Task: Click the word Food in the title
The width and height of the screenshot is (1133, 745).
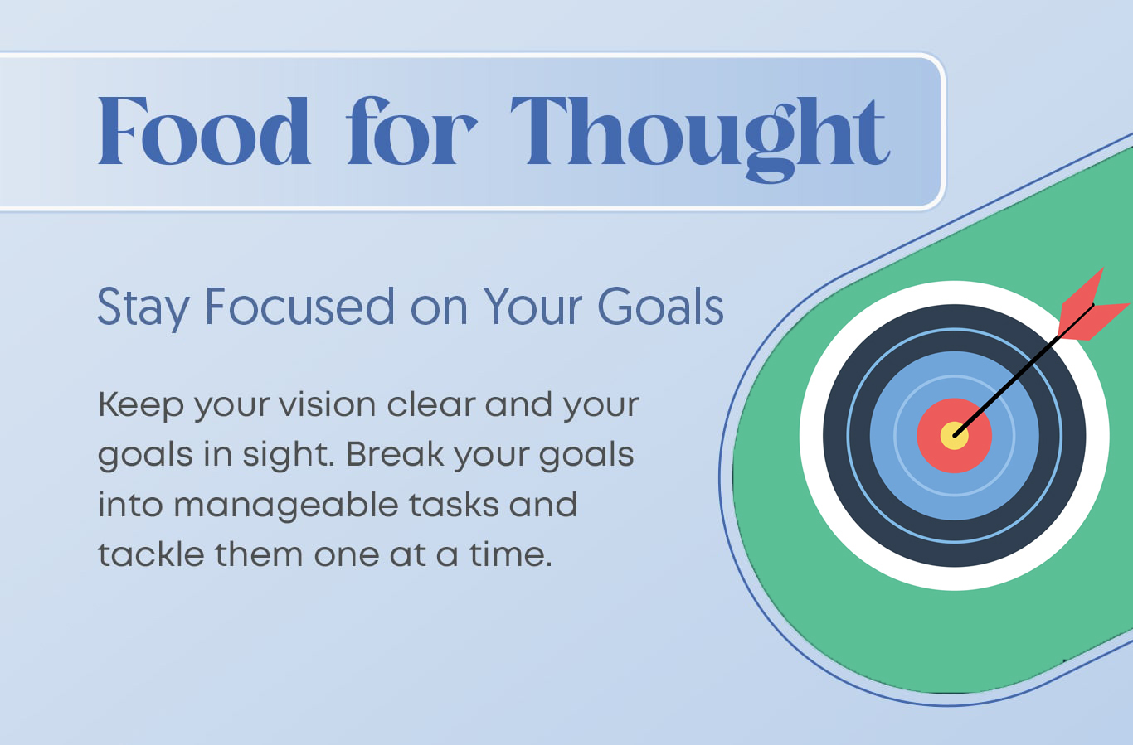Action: (203, 131)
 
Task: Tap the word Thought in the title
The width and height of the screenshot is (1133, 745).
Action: (700, 138)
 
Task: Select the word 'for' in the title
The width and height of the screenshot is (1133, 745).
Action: (411, 131)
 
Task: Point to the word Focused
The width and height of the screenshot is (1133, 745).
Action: (299, 307)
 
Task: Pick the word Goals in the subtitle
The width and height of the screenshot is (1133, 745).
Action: (660, 307)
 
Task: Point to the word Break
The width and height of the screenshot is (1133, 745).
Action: (395, 454)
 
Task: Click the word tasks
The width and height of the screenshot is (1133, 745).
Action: (454, 505)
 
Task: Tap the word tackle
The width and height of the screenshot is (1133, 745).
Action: (151, 554)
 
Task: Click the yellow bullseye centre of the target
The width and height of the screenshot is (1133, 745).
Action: (955, 435)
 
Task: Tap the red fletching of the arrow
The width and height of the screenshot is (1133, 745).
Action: (1092, 308)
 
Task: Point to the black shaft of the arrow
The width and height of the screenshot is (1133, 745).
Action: (1024, 370)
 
